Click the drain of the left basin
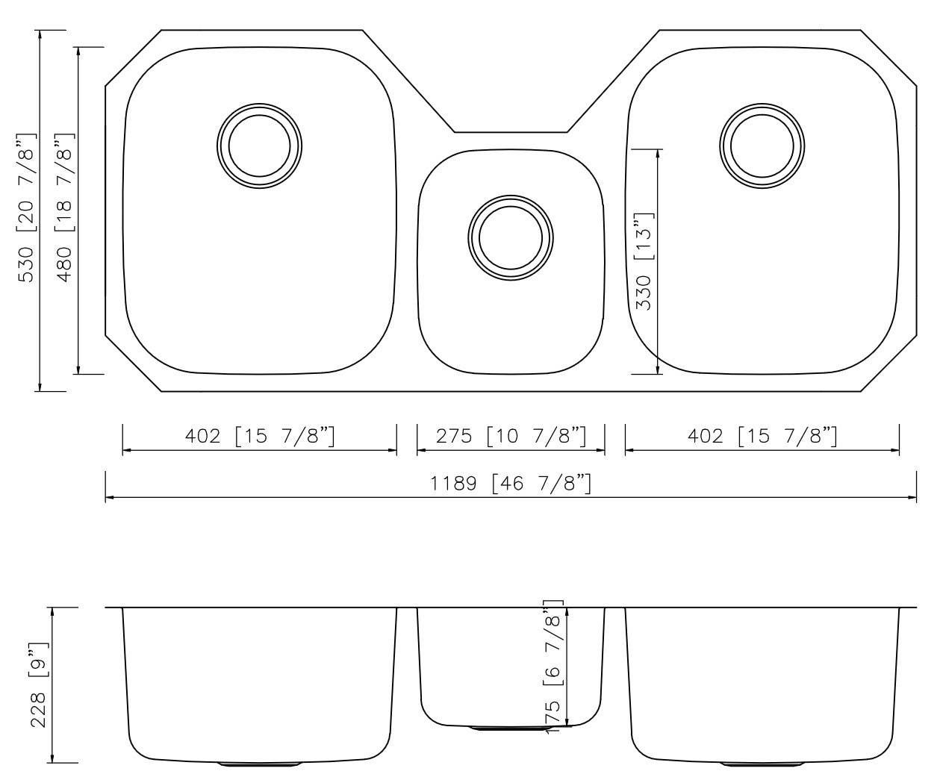[260, 145]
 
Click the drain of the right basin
[762, 145]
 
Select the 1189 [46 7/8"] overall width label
[511, 483]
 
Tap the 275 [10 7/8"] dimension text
[511, 435]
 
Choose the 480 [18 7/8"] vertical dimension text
[64, 209]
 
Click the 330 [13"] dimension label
[644, 261]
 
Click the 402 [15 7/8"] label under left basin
[260, 435]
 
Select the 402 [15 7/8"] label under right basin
[762, 435]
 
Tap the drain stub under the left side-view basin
[260, 764]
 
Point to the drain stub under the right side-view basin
[762, 764]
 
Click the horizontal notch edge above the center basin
[511, 132]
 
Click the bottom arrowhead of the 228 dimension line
[52, 758]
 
